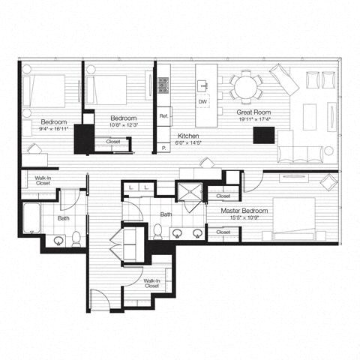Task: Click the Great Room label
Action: click(x=252, y=111)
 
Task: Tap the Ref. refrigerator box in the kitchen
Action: click(x=163, y=116)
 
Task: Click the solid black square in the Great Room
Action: click(x=263, y=136)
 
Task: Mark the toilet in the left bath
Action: click(x=76, y=238)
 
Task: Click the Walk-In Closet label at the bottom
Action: click(x=151, y=283)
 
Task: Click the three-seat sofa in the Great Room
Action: click(x=303, y=153)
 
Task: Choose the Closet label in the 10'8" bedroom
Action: click(x=113, y=141)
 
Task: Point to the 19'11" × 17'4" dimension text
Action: click(x=252, y=118)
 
